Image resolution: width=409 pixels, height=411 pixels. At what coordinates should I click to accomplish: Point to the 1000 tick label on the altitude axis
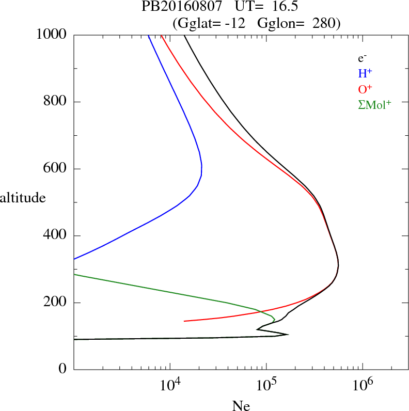coord(52,35)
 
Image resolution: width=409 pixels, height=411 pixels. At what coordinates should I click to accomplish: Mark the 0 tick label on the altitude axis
coord(64,370)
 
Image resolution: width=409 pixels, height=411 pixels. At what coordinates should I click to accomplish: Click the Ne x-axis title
coord(241,406)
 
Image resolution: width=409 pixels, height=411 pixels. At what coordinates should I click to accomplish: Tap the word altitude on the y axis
coord(22,197)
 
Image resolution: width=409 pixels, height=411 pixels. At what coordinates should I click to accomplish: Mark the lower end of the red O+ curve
coord(184,321)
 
